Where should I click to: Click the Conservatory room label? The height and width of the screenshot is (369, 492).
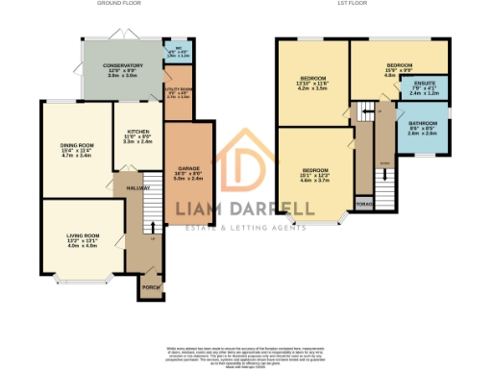123,65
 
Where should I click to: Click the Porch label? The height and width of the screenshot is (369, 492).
149,286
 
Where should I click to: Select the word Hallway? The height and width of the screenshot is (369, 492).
139,188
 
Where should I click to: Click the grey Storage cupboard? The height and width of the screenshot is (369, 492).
364,204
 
